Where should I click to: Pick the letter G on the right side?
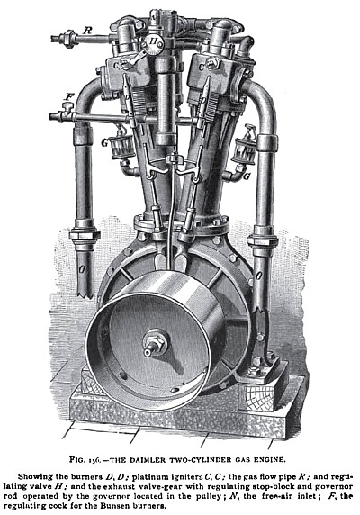(247, 178)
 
